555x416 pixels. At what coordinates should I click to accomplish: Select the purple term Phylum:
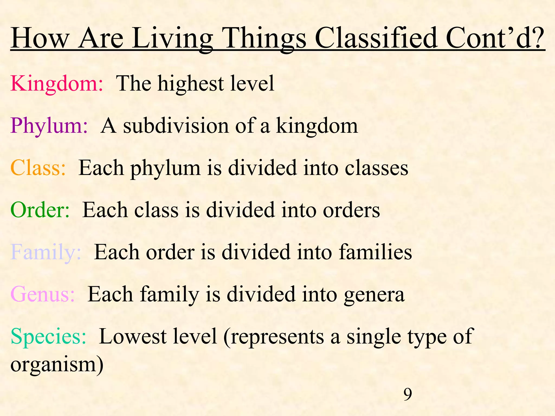point(49,126)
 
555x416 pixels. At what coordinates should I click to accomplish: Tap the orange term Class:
point(38,168)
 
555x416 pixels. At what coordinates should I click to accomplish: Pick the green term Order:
point(40,210)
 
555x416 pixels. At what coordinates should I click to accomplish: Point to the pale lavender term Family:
point(46,252)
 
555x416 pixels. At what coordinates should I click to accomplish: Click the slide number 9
point(408,394)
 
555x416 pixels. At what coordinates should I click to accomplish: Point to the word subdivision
point(176,126)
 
